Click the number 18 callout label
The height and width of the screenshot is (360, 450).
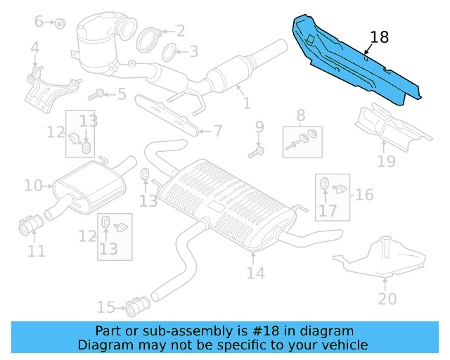379,38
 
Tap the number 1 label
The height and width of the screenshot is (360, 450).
247,104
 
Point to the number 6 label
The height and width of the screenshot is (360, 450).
39,22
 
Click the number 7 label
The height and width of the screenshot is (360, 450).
217,130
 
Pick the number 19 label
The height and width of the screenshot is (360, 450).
386,162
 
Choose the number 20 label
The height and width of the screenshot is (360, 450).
387,299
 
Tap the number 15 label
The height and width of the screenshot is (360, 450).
105,307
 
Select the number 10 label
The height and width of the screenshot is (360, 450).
32,186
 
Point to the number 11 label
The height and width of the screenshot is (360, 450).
37,250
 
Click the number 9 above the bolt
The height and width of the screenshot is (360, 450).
259,127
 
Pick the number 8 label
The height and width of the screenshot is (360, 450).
300,115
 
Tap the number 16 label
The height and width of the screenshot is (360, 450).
364,194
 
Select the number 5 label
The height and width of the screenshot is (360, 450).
122,94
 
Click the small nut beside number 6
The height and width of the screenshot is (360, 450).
60,23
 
